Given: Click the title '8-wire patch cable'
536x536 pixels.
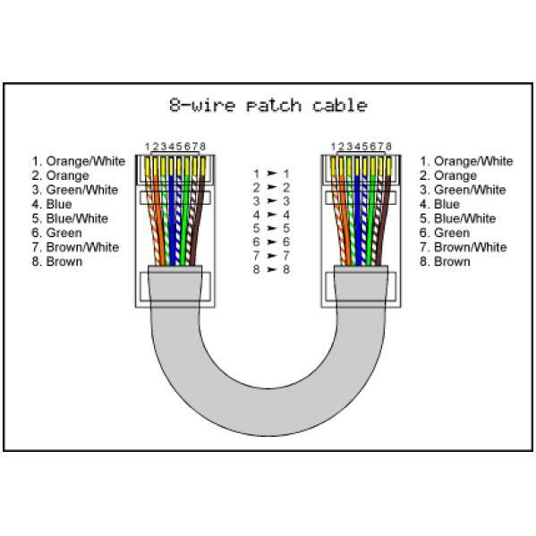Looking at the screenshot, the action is tap(268, 105).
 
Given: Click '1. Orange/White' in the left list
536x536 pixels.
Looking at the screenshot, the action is tap(79, 161).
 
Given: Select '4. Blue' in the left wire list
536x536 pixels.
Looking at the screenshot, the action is tap(52, 204).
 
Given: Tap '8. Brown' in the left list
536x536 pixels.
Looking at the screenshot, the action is tap(57, 261).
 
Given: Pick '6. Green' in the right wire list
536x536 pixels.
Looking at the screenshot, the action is tap(445, 233).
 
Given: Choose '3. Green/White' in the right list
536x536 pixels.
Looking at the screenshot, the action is tap(463, 190).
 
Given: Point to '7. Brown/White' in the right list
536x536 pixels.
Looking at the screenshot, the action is tap(464, 247).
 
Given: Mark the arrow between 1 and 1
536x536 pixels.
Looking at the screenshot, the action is tap(272, 174).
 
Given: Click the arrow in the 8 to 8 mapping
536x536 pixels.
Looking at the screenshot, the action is tap(272, 269).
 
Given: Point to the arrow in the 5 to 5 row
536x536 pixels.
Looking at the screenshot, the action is tap(272, 228).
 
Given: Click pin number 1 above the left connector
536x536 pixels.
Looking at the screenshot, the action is tap(148, 147).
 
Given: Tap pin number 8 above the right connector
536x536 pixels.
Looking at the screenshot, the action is tap(388, 147).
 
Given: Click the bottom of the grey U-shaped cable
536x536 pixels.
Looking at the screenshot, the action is tap(268, 412).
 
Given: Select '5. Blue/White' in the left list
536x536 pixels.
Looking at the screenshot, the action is tap(70, 218).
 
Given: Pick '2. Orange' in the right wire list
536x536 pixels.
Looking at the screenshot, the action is tap(448, 175).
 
